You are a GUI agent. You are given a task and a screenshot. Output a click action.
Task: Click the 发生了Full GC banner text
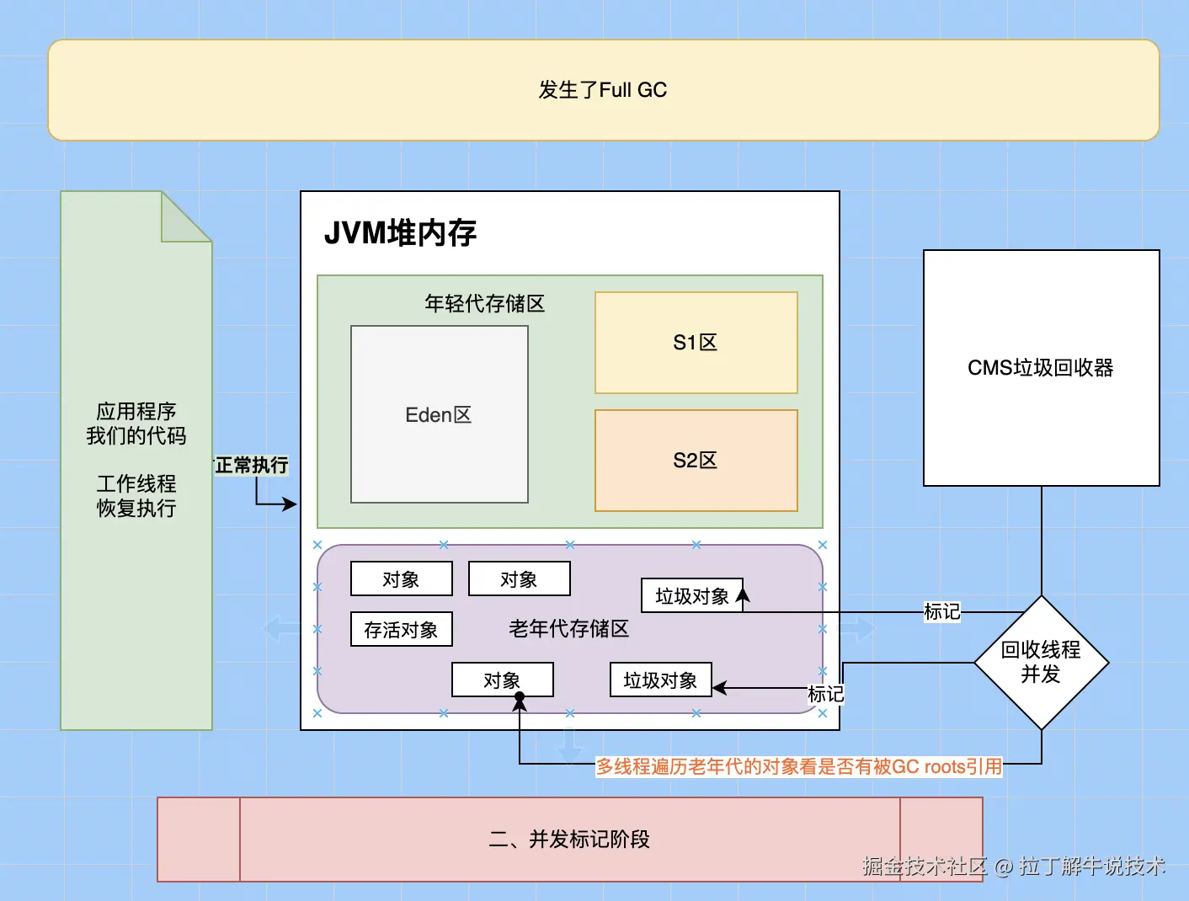click(603, 90)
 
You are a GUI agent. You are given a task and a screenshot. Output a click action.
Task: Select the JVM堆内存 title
click(400, 232)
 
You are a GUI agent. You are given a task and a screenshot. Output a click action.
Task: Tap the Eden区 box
click(439, 414)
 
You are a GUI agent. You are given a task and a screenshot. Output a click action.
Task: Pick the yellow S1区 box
click(696, 343)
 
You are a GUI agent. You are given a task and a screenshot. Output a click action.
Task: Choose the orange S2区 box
click(696, 461)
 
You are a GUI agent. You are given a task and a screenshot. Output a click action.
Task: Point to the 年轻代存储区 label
click(485, 303)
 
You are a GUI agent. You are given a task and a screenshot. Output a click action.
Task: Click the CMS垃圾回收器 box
click(1041, 368)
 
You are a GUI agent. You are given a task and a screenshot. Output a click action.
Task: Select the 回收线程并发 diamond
click(1041, 662)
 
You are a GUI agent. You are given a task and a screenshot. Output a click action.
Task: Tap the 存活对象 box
click(401, 629)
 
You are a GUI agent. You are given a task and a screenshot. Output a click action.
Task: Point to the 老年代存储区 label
click(569, 629)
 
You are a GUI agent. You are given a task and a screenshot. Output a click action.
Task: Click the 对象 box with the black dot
click(502, 679)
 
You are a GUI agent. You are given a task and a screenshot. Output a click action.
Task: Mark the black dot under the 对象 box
click(520, 697)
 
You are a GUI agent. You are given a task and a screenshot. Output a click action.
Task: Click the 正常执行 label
click(252, 465)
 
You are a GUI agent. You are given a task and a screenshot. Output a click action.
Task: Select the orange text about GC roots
click(799, 766)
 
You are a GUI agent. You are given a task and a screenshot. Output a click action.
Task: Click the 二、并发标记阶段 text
click(569, 840)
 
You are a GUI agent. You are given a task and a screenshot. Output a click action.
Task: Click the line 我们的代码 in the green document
click(136, 435)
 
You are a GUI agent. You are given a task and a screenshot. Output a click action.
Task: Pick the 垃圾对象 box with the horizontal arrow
click(660, 680)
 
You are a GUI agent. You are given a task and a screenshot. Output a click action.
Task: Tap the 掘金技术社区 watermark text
click(924, 866)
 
